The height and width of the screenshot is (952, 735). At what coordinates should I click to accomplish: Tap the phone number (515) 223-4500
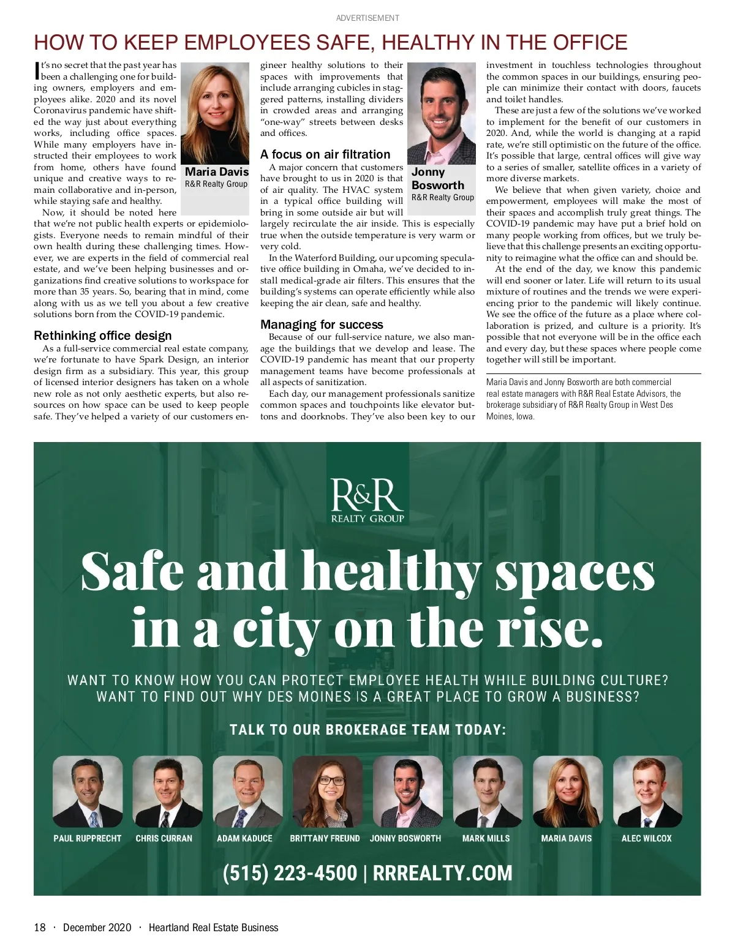[290, 872]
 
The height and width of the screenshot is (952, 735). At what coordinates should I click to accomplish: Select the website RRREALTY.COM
[442, 872]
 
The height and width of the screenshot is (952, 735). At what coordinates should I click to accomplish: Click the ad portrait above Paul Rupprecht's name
[88, 792]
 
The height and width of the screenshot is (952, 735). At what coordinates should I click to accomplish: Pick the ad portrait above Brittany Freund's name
[328, 792]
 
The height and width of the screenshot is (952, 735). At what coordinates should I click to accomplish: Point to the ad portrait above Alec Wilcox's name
[647, 792]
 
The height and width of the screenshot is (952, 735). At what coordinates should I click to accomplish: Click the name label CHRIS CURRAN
[164, 838]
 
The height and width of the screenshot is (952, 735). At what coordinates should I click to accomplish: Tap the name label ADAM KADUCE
[244, 838]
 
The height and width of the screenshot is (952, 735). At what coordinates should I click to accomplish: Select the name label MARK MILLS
[486, 838]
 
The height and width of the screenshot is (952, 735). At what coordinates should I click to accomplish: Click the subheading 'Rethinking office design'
[103, 335]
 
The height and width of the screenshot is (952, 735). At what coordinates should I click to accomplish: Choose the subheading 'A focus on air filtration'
[325, 154]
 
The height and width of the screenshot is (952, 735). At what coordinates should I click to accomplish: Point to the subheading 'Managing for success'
[322, 324]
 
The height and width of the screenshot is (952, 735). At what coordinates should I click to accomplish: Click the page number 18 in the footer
[40, 928]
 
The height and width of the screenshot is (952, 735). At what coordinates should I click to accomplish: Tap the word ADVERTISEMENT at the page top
[367, 18]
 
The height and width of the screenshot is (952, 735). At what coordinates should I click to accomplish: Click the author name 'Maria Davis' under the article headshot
[217, 172]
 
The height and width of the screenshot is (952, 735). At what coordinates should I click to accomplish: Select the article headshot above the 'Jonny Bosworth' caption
[441, 113]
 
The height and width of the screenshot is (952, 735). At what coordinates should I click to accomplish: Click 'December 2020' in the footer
[97, 928]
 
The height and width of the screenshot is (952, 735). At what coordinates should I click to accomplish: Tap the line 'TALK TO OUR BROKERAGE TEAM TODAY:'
[367, 730]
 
